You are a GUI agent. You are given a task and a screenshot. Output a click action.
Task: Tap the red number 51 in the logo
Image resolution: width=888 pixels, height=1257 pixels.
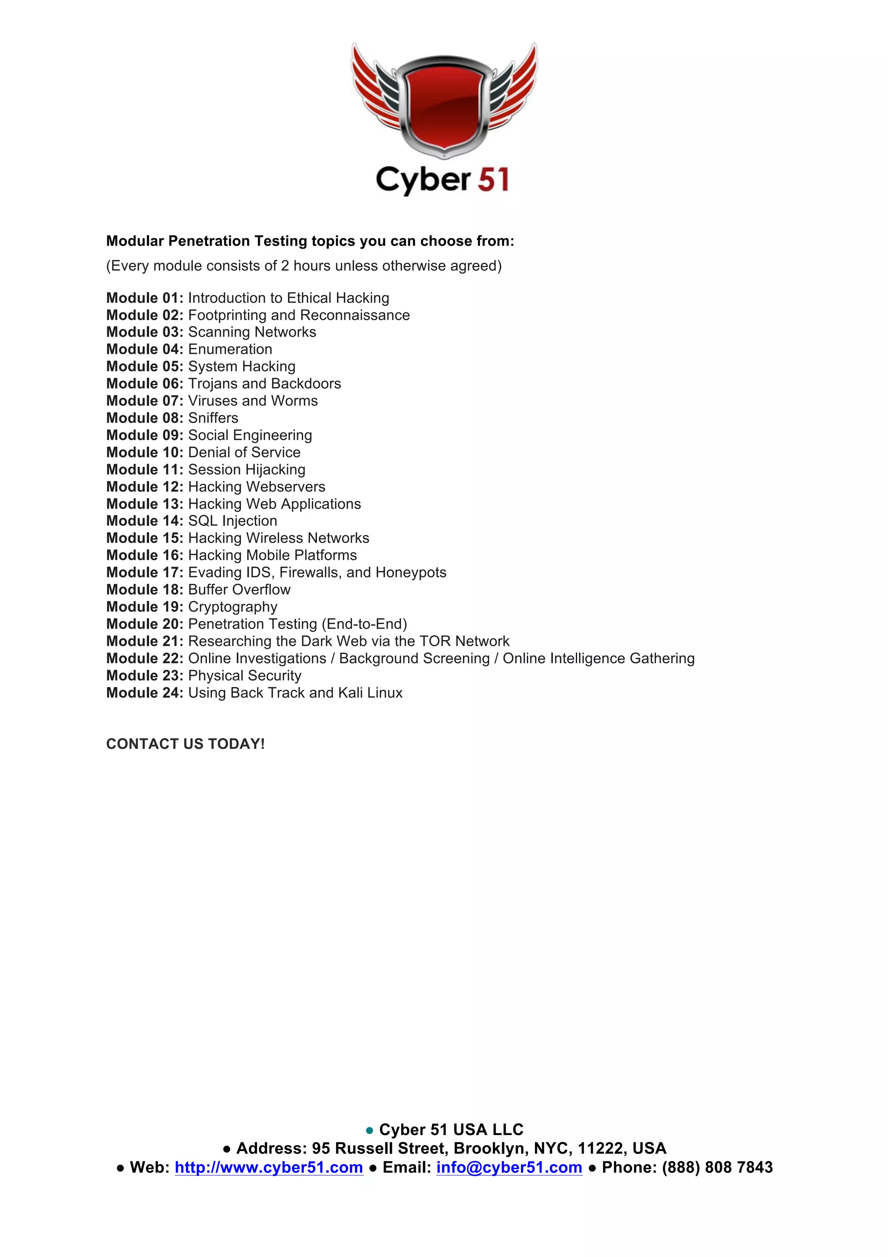[493, 180]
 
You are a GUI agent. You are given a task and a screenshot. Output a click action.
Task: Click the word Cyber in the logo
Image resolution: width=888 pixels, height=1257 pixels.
[423, 180]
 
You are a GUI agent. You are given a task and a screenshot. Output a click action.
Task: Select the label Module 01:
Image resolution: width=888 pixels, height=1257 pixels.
[144, 298]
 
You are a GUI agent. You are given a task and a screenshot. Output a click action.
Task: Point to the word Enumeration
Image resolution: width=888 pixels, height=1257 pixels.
[230, 349]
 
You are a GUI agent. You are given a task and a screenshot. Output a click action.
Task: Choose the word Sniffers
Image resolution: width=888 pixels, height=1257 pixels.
[213, 418]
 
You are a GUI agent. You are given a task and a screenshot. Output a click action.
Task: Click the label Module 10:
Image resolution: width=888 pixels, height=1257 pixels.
[144, 452]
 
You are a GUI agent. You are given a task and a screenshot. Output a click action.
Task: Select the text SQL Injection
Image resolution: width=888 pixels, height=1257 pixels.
[232, 520]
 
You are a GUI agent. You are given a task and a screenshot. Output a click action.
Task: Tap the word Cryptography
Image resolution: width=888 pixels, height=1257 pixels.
[232, 607]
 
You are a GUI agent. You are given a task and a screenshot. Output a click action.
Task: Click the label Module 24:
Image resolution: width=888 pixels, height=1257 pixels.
[144, 693]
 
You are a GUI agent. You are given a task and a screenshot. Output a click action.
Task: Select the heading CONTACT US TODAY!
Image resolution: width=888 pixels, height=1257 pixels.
[185, 744]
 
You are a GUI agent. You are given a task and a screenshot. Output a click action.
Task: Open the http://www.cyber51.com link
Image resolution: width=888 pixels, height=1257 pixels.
[269, 1168]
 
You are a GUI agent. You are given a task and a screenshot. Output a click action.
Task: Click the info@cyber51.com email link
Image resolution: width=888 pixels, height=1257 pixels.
[509, 1168]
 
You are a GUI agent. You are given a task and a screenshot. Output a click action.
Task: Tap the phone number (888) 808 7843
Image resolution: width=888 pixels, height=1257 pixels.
[717, 1168]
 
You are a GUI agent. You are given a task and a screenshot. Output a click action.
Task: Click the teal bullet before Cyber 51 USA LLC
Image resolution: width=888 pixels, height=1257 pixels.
[369, 1130]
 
